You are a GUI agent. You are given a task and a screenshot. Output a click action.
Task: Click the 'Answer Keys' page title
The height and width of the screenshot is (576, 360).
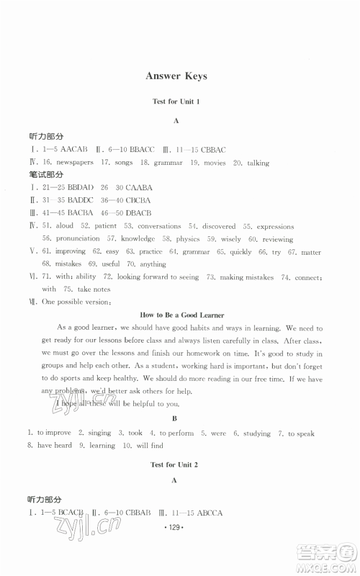[x=176, y=76]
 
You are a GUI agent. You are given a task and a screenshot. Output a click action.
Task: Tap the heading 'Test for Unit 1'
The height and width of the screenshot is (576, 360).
[x=176, y=102]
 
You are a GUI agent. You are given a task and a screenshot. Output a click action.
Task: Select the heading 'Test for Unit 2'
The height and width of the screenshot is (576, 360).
[x=176, y=465]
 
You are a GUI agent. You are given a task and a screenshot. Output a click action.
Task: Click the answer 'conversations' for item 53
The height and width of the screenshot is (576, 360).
[x=162, y=226]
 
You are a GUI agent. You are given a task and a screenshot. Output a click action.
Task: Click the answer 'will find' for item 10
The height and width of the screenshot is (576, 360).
[x=137, y=446]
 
